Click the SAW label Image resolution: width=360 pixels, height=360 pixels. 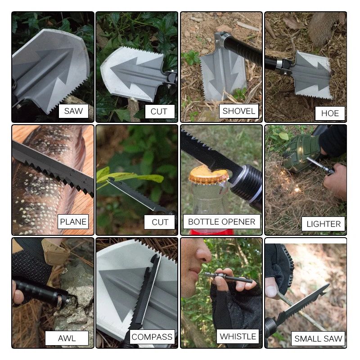pyautogui.click(x=73, y=111)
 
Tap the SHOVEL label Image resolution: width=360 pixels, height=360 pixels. pyautogui.click(x=238, y=111)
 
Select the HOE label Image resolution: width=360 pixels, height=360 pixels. pyautogui.click(x=330, y=113)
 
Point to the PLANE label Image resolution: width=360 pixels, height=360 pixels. pyautogui.click(x=73, y=221)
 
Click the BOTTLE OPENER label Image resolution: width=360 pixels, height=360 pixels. pyautogui.click(x=221, y=221)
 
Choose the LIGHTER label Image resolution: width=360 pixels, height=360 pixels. pyautogui.click(x=324, y=224)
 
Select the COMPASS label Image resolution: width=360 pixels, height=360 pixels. pyautogui.click(x=152, y=337)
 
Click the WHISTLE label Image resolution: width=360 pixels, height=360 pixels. pyautogui.click(x=238, y=336)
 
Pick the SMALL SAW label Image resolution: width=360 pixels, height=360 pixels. pyautogui.click(x=318, y=339)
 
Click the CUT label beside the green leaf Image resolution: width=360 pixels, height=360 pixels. pyautogui.click(x=160, y=222)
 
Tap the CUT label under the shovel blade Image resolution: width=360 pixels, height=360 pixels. pyautogui.click(x=158, y=112)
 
